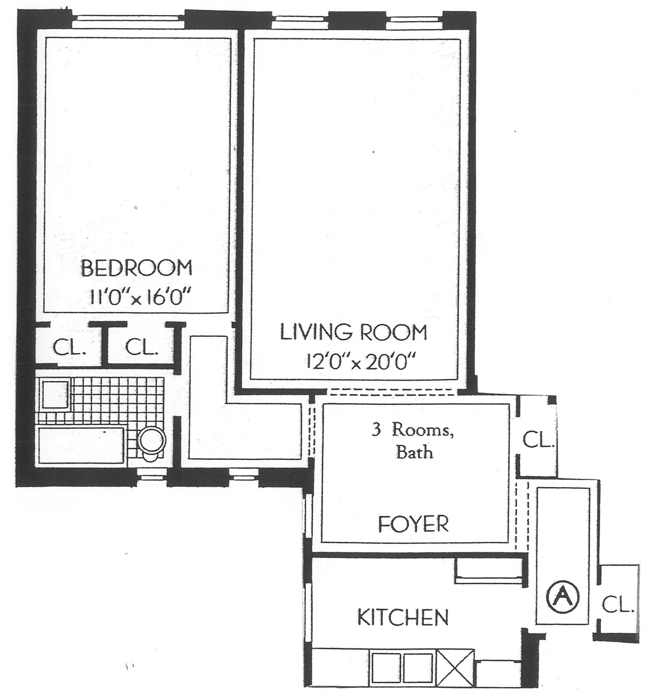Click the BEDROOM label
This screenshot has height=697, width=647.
136,268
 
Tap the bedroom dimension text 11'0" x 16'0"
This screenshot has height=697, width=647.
139,297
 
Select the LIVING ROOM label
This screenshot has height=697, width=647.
353,332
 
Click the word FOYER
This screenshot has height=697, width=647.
413,523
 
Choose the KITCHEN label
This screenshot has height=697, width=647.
403,617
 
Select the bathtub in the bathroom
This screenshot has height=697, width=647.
81,445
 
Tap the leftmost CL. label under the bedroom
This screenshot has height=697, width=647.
68,348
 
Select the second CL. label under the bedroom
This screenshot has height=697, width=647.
141,348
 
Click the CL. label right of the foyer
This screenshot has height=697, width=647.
538,440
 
